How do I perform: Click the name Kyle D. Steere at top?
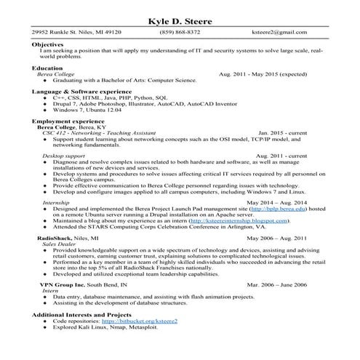(x=180, y=21)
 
